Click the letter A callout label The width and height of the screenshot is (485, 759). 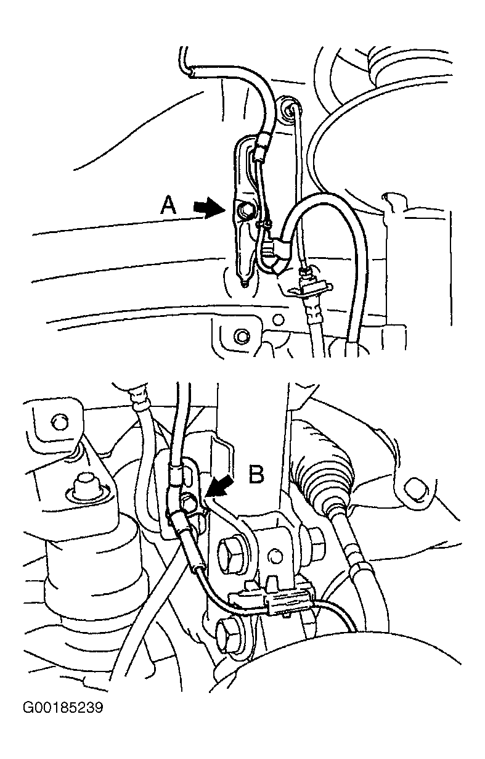click(168, 206)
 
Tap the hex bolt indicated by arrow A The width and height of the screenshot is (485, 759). click(245, 211)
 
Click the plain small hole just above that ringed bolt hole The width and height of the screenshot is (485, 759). click(279, 319)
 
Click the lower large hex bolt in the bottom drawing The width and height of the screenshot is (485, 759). click(229, 628)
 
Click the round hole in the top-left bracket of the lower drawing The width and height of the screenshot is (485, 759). click(59, 422)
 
